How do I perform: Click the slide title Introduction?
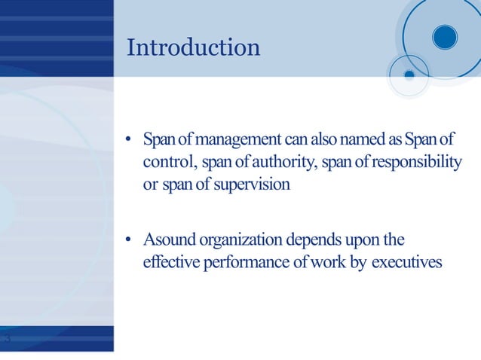tap(194, 47)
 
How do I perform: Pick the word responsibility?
tap(412, 163)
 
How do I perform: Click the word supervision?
tap(252, 185)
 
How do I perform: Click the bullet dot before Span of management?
tap(130, 142)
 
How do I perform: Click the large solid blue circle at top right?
tap(446, 36)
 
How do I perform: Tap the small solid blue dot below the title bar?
tap(409, 75)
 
